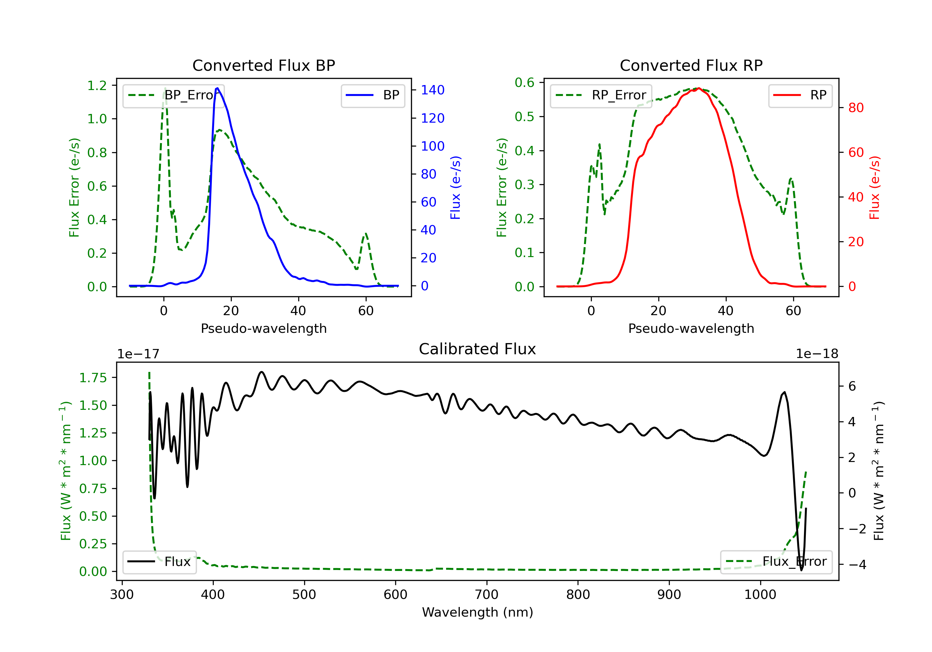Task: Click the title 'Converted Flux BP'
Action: tap(264, 65)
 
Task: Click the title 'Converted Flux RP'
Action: tap(691, 65)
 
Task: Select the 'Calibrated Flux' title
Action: tap(477, 349)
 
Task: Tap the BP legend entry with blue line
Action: tap(372, 95)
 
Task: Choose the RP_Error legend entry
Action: tap(601, 95)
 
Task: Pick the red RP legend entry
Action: tap(800, 95)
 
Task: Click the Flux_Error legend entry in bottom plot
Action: tap(776, 562)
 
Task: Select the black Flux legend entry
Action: tap(159, 562)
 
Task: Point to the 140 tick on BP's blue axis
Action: tap(433, 90)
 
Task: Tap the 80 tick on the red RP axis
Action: tap(856, 108)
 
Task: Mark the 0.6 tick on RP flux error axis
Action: tap(524, 83)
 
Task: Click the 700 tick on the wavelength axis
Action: tap(487, 595)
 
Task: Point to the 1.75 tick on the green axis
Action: tap(93, 378)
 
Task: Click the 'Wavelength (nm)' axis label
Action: tap(477, 612)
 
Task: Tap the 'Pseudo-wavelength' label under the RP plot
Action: tap(691, 328)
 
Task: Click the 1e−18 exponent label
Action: tap(817, 354)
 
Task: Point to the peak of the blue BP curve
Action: tap(217, 88)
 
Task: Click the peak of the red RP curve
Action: tap(699, 88)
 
